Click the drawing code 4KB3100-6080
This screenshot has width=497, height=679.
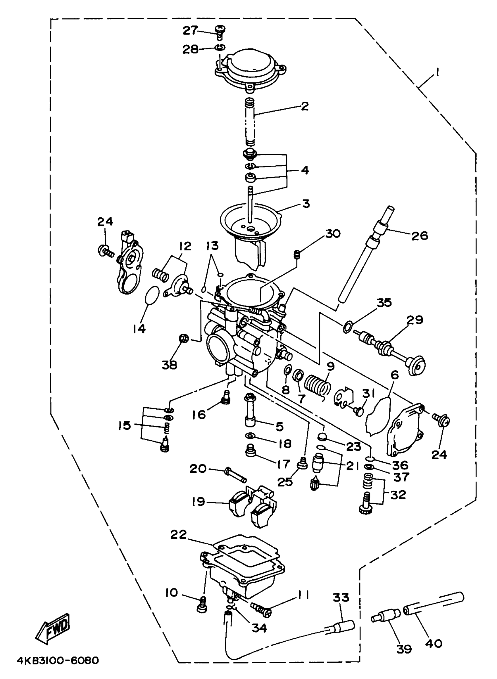[x=58, y=661]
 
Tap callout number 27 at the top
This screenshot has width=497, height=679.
[x=190, y=30]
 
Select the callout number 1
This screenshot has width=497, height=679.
[x=436, y=72]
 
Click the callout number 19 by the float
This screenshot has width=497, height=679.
[x=199, y=502]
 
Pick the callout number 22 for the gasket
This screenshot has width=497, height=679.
[x=178, y=535]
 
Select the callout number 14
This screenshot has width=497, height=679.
[x=139, y=329]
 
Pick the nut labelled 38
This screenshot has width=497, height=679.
[x=184, y=338]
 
